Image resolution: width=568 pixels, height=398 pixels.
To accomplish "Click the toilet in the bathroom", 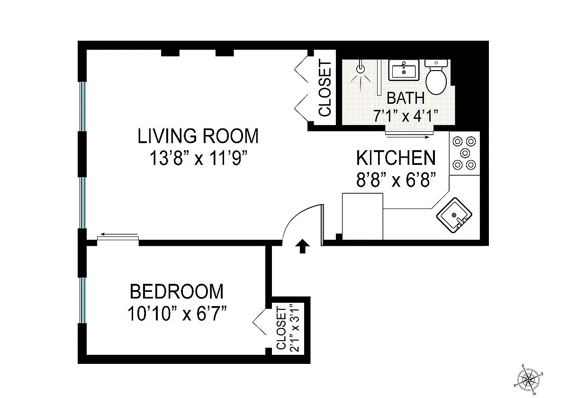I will click(437, 78).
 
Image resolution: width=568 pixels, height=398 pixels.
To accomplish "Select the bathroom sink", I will click(404, 70).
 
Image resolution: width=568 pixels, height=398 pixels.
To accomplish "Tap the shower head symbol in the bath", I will click(361, 69).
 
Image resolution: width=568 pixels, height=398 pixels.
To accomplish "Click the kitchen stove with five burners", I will click(464, 153).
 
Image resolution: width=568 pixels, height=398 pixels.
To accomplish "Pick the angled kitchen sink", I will click(454, 216).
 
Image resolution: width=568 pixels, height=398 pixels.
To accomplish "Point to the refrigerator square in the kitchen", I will click(362, 216).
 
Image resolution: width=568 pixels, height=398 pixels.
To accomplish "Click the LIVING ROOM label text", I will click(198, 136).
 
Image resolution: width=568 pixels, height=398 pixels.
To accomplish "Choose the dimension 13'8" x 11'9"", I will click(198, 158).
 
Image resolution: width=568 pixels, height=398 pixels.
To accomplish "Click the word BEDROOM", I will click(176, 291).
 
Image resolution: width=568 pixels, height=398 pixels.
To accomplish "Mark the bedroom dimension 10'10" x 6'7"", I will click(176, 313).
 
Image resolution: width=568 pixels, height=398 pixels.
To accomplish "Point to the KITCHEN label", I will click(396, 157).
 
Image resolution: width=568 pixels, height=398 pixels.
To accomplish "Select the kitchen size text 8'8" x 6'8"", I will click(396, 180).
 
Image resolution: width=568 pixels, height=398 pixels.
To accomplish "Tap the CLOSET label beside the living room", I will click(325, 88).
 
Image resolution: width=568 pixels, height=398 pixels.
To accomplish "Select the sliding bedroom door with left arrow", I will click(118, 236).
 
